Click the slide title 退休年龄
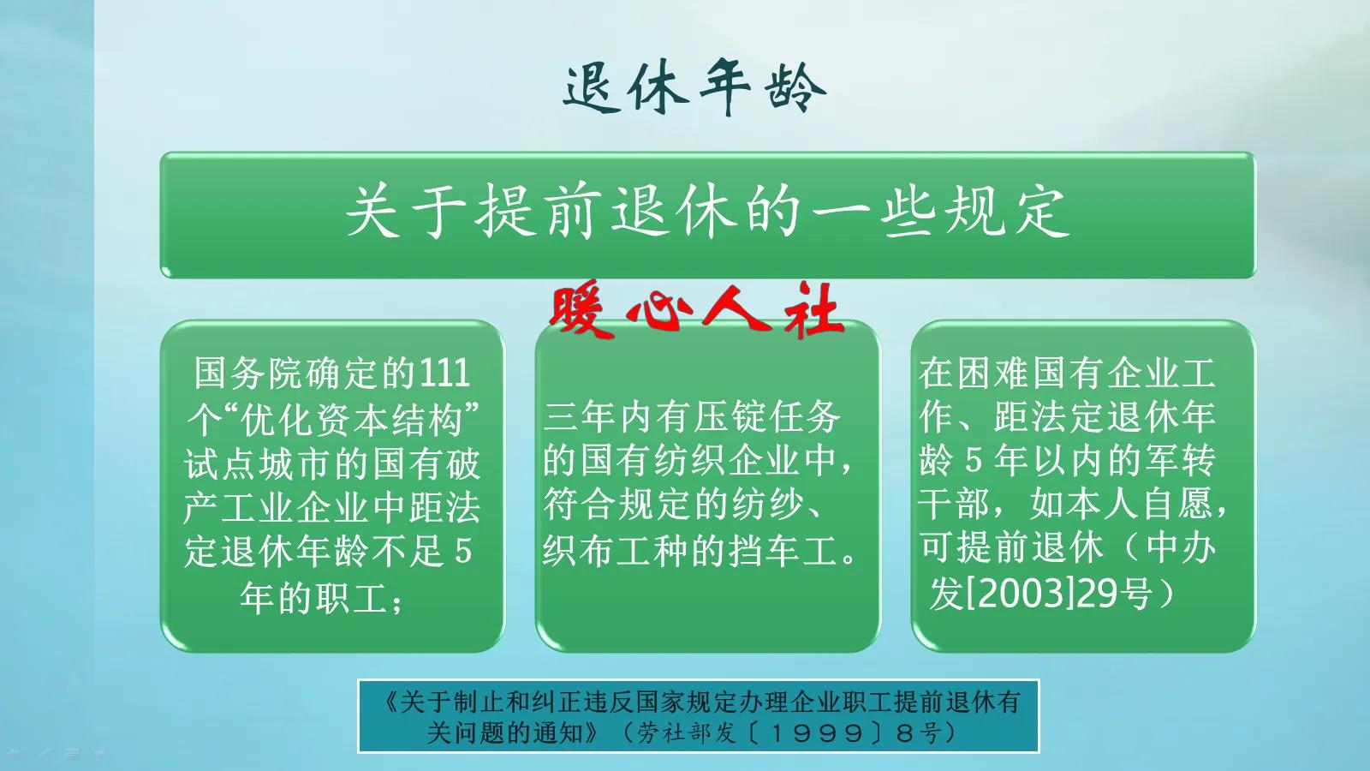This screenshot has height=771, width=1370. pos(694,87)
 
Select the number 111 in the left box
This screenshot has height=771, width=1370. pos(444,374)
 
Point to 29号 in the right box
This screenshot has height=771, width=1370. pos(1113,593)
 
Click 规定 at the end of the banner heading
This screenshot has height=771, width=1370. pos(1008,212)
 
